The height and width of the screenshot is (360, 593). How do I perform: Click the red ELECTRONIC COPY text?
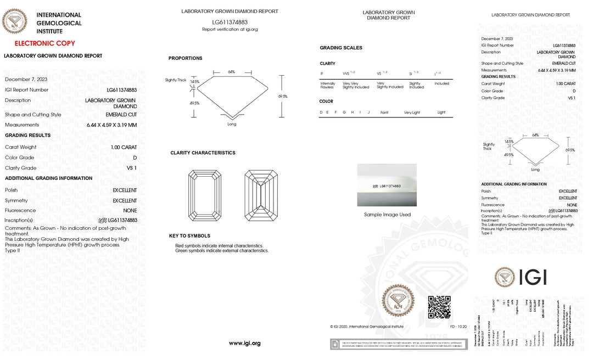pos(45,43)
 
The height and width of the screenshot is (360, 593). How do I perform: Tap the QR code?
pos(439,307)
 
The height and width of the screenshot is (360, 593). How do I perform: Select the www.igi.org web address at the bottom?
pos(244,343)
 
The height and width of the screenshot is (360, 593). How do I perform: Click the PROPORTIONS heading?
pos(185,58)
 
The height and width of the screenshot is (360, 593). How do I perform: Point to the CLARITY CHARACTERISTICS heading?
pos(203,153)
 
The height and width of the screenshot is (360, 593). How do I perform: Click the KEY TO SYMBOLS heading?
pos(189,236)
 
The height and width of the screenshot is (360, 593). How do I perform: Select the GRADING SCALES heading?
pos(341,48)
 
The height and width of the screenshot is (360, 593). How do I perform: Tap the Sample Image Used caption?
pos(387,215)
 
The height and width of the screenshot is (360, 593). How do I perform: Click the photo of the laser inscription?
pos(387,185)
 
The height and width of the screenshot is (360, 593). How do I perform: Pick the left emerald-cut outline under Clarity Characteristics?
pos(204,195)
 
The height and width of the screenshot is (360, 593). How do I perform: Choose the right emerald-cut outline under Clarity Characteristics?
pos(261,195)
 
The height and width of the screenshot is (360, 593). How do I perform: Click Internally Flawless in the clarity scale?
pos(327,85)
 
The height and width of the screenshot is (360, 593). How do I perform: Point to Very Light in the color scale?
pos(412,113)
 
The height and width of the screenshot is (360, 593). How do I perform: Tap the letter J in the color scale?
pos(369,113)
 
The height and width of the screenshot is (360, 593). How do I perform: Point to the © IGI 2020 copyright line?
pos(367,327)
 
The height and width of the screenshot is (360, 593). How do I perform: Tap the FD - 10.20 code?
pos(458,327)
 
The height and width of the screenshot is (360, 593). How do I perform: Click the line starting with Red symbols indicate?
pos(219,245)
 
